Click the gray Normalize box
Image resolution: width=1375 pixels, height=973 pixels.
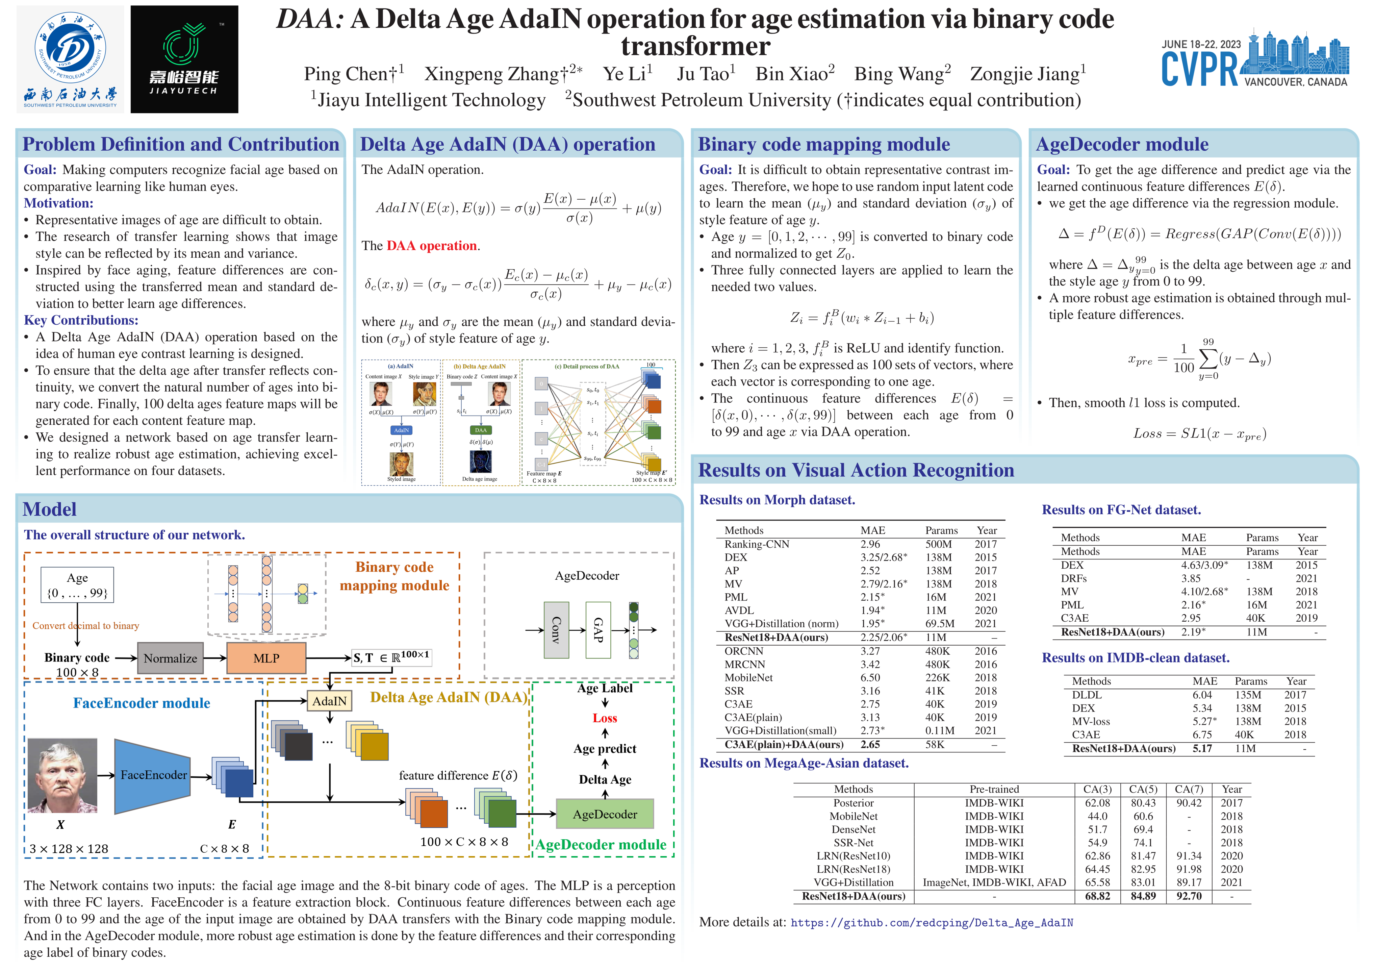tap(170, 658)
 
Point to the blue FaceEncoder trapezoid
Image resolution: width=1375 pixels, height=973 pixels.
tap(153, 775)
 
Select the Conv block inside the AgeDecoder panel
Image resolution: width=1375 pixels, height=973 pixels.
tap(556, 630)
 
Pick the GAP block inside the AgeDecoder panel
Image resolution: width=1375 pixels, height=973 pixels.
tap(598, 630)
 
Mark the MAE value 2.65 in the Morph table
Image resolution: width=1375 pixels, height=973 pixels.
tap(870, 744)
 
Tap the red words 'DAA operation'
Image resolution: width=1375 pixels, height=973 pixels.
tap(432, 246)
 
